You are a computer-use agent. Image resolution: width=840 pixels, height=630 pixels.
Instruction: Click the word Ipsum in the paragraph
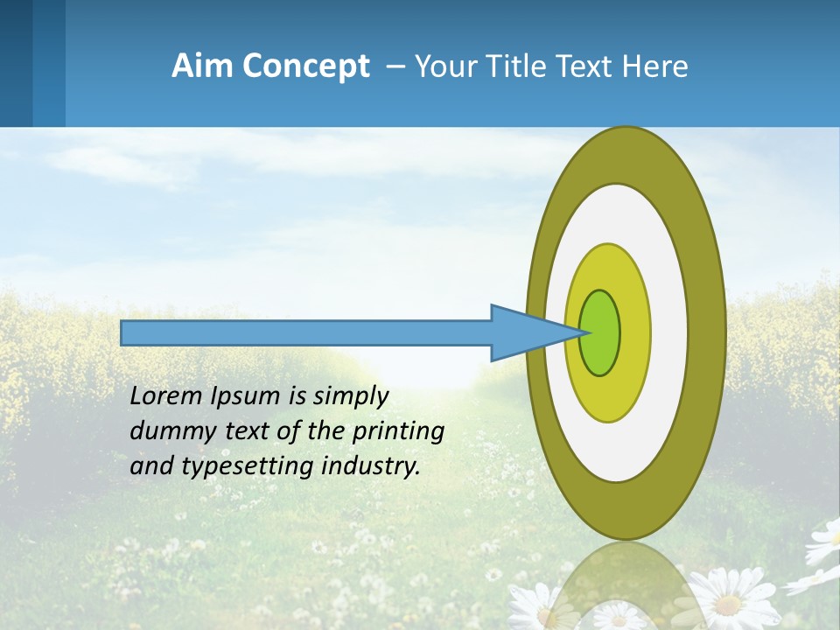click(x=246, y=396)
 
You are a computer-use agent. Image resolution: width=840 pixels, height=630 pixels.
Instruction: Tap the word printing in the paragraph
click(x=397, y=431)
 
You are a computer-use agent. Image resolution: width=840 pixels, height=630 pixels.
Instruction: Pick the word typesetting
click(x=248, y=466)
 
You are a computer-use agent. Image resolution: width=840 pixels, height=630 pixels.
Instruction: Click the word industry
click(x=371, y=466)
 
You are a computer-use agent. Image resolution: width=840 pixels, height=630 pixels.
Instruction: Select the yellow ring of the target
click(x=634, y=333)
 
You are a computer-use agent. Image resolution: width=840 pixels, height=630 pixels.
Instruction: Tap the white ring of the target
click(x=669, y=333)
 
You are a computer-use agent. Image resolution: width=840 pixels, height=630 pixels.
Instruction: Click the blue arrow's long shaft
click(x=306, y=333)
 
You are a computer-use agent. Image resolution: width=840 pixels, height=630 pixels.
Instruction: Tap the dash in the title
click(x=395, y=66)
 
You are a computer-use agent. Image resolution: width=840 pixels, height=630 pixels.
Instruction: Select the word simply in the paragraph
click(x=350, y=396)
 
